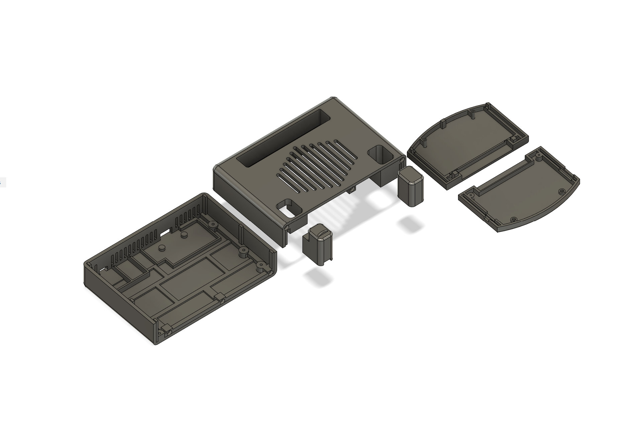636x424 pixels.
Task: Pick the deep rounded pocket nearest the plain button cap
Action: point(381,155)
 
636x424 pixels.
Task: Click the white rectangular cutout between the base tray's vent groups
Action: point(165,231)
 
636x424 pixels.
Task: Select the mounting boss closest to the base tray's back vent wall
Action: point(211,224)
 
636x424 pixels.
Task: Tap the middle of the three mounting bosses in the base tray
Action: point(243,251)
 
